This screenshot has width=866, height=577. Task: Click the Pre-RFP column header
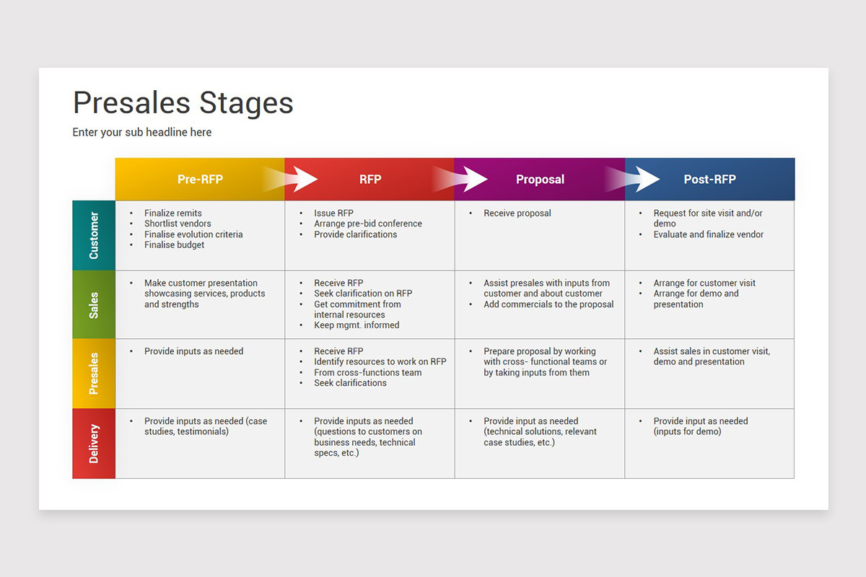coord(200,180)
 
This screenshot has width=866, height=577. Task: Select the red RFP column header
coord(370,180)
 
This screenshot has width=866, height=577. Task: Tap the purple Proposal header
coord(540,180)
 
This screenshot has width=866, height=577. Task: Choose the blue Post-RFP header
coord(709,180)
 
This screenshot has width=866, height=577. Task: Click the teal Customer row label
coord(94,236)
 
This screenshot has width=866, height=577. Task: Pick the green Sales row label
coord(94,305)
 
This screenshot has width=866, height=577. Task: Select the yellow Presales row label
coord(94,374)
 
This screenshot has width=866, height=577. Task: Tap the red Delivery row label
coord(94,443)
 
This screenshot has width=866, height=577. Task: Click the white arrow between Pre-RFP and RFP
coord(300,179)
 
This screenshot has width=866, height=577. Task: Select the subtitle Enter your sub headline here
coord(141,132)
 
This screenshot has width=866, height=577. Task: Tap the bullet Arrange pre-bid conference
coord(367,224)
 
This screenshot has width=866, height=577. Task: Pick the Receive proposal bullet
coord(517,213)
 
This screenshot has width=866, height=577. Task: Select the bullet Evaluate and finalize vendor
coord(708,234)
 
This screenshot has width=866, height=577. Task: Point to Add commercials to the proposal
coord(548,304)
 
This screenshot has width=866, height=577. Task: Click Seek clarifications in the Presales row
coord(350,383)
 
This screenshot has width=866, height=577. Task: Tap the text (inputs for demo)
coord(687,432)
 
